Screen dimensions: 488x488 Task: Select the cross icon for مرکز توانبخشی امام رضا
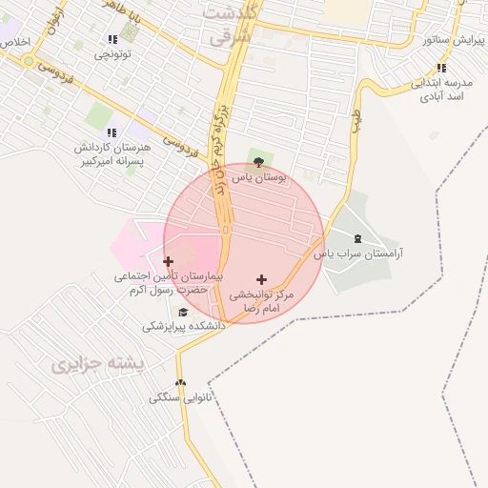click(x=262, y=279)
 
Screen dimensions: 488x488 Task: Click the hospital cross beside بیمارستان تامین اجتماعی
click(x=169, y=260)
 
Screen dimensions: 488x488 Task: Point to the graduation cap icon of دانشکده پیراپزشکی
click(x=183, y=312)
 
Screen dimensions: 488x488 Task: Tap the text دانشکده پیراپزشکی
click(x=184, y=326)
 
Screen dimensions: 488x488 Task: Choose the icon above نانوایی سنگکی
click(x=181, y=383)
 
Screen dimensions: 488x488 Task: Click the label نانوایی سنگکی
click(x=181, y=397)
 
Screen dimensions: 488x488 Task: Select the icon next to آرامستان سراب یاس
click(x=357, y=238)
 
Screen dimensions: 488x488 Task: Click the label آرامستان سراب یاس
click(x=360, y=254)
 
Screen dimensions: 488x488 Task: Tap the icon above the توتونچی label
click(x=112, y=39)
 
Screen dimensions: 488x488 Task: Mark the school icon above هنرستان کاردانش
click(x=112, y=132)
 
